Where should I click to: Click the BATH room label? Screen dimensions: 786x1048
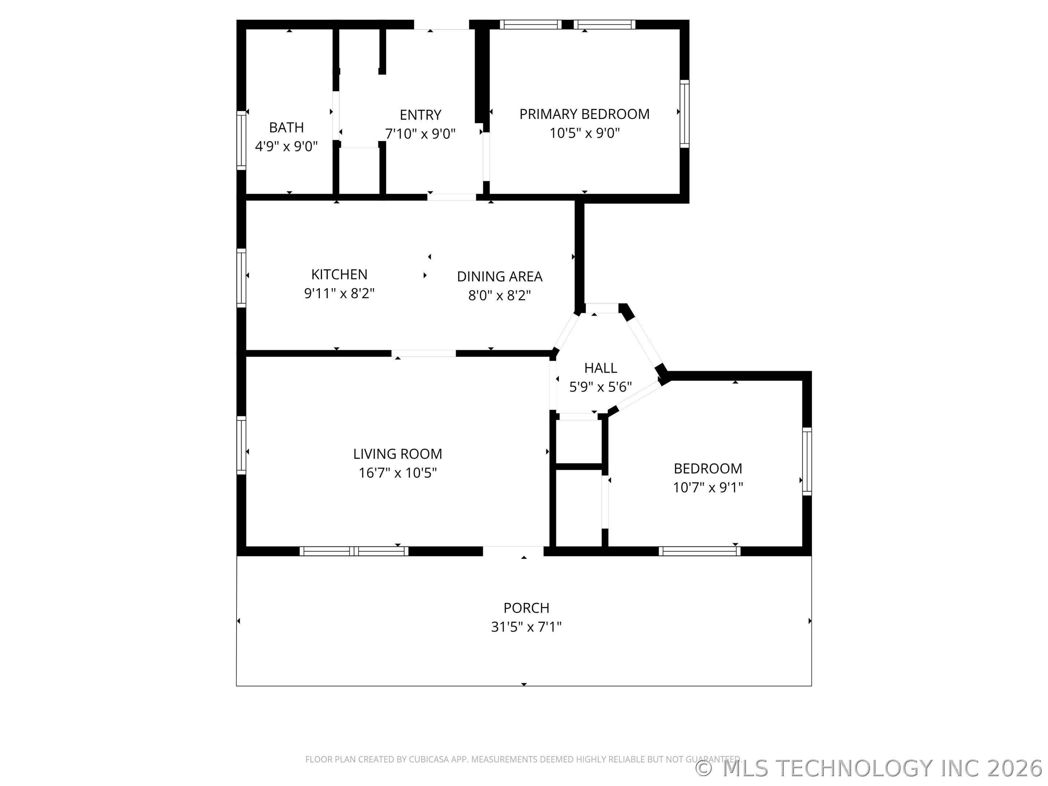(286, 127)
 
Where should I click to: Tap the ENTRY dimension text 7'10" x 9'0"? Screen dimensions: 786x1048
(420, 134)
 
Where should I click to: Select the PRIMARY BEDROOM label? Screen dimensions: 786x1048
(584, 114)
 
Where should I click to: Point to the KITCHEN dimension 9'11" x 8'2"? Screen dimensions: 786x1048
(339, 294)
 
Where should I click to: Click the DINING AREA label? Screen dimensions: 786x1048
(499, 276)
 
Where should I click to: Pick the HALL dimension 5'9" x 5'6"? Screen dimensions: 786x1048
(600, 387)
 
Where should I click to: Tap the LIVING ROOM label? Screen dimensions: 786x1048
(397, 454)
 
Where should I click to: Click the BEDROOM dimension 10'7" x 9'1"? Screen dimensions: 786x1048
(708, 488)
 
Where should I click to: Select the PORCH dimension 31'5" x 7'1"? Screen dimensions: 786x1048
(526, 627)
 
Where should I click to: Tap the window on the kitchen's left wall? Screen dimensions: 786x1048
(241, 278)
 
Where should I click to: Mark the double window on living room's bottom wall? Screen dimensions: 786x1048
(353, 551)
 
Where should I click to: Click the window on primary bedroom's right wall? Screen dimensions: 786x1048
(684, 114)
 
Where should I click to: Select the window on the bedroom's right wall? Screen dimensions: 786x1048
(807, 461)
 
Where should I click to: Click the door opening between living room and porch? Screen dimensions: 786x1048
(513, 551)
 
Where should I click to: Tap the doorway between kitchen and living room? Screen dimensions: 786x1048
(424, 353)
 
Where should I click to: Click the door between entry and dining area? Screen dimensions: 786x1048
(452, 197)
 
